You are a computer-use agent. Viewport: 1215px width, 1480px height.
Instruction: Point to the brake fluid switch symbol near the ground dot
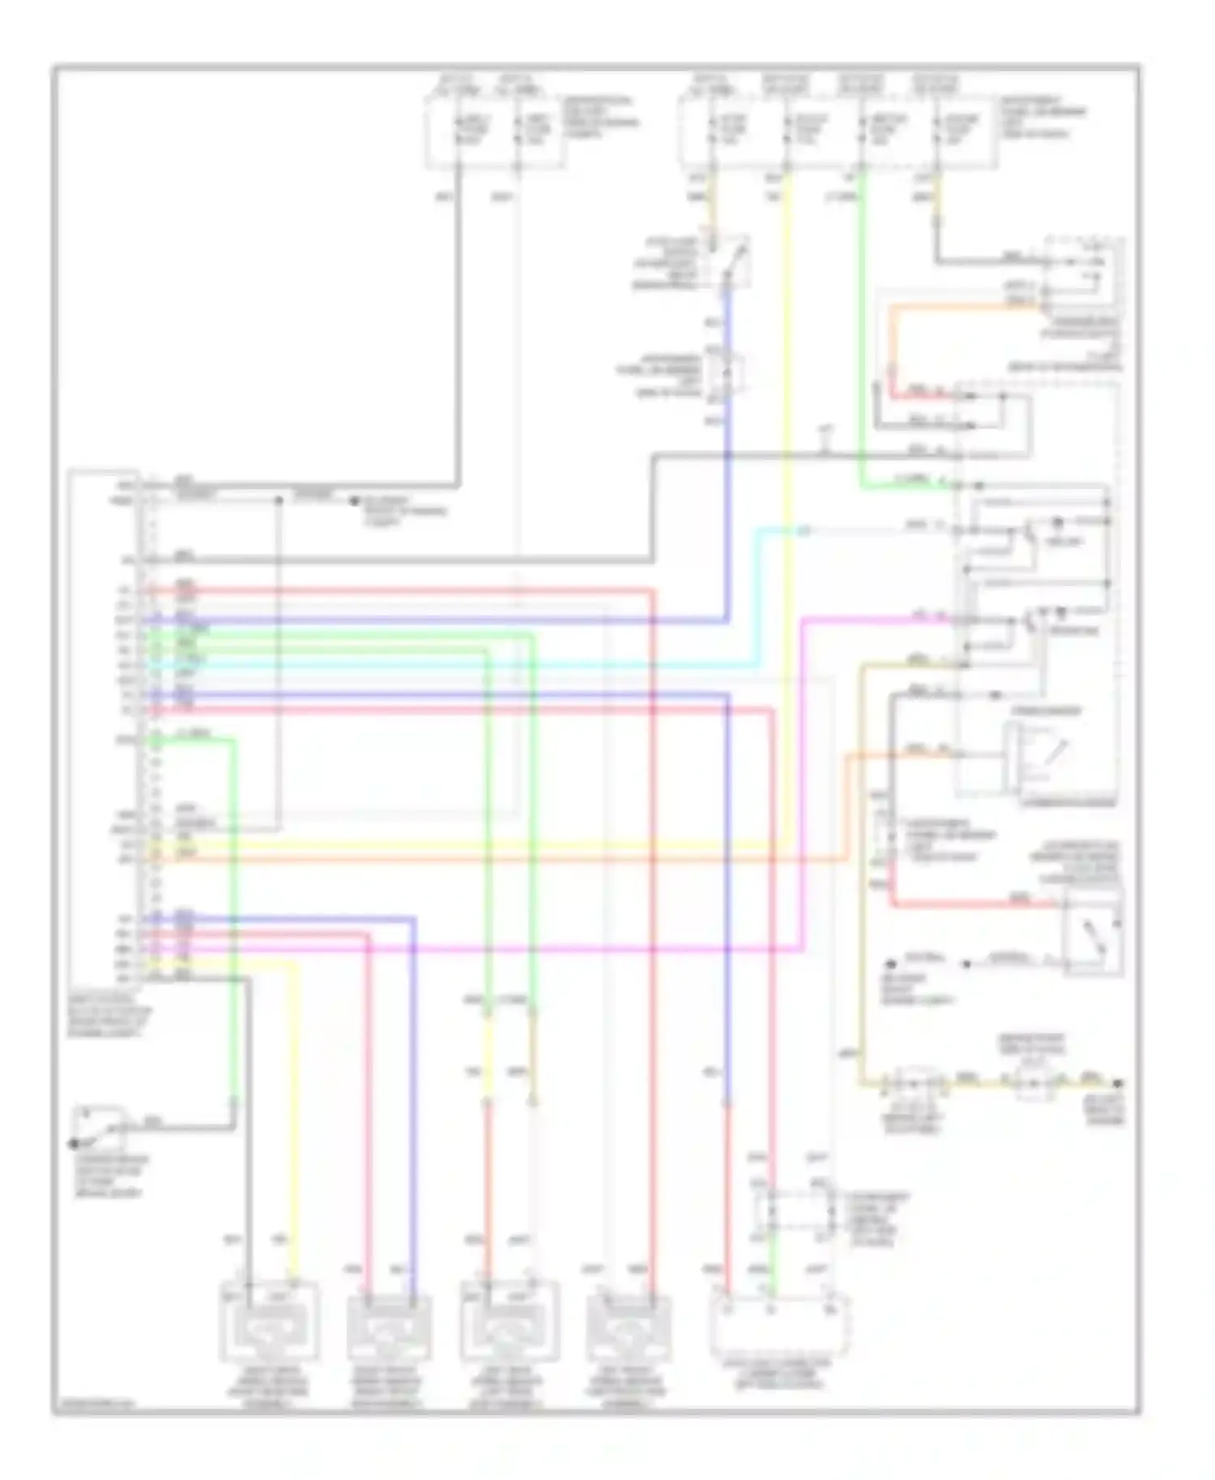pyautogui.click(x=100, y=1127)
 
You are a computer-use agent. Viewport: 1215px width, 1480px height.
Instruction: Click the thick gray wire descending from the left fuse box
pyautogui.click(x=458, y=324)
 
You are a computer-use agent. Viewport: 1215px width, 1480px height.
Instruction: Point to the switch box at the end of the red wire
pyautogui.click(x=1093, y=931)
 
